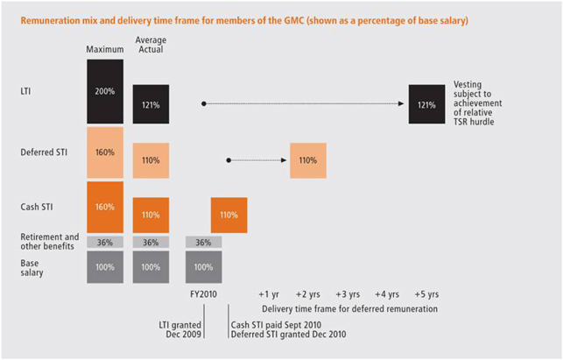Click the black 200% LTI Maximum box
[x=105, y=90]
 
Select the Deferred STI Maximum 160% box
[x=105, y=152]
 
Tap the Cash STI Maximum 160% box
[x=105, y=207]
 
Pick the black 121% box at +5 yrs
[x=426, y=104]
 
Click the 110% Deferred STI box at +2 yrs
[x=307, y=160]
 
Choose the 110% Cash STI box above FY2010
[x=229, y=215]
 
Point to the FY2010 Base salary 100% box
[x=203, y=266]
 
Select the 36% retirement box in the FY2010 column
[x=203, y=243]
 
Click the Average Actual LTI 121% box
[x=151, y=104]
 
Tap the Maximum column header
[x=105, y=48]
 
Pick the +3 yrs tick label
[x=347, y=294]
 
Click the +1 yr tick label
[x=269, y=294]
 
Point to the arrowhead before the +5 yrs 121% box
[x=403, y=103]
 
